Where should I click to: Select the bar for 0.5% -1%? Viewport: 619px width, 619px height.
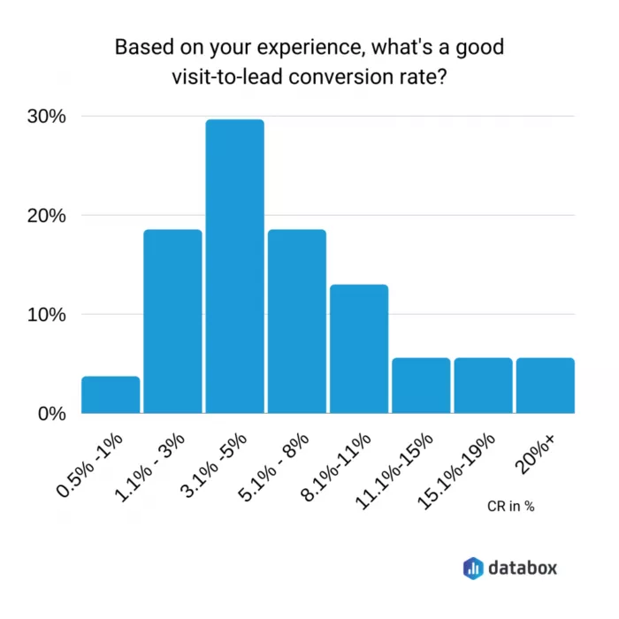111,395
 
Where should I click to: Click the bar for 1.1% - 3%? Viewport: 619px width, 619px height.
172,321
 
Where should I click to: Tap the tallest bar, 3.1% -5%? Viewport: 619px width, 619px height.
234,266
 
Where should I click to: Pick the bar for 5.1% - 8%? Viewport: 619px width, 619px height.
297,321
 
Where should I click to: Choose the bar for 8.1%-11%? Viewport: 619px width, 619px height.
359,348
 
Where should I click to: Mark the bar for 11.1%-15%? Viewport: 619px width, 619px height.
421,386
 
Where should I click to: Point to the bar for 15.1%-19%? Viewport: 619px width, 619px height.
483,386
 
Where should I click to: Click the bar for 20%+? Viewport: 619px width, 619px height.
546,386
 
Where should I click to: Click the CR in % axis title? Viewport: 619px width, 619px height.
511,507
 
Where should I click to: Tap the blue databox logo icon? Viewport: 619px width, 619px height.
474,567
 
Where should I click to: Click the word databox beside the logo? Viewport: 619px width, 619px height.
523,567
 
